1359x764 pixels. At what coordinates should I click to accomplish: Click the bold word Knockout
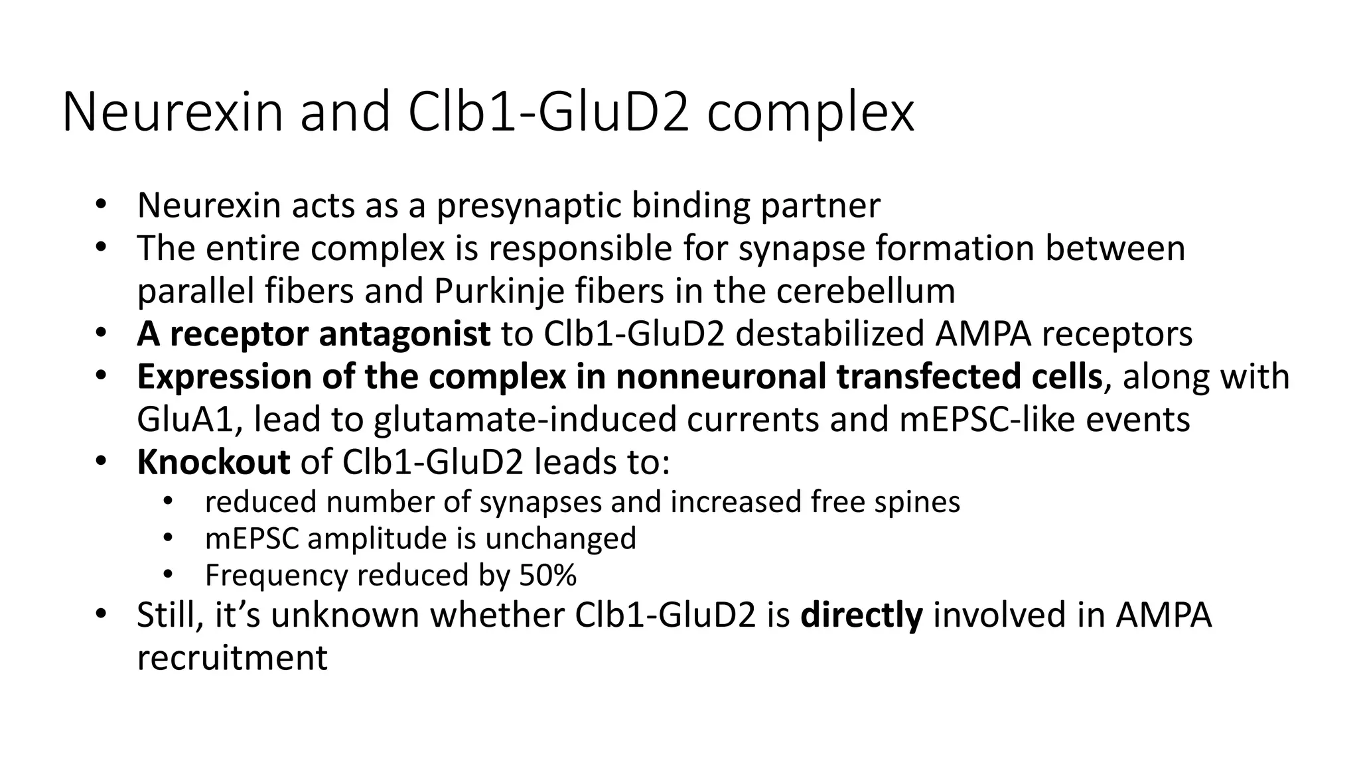tap(213, 462)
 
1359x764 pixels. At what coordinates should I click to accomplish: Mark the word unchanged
tap(561, 539)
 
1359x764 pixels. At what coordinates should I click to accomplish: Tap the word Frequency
tap(276, 575)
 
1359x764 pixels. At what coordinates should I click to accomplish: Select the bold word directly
tap(861, 615)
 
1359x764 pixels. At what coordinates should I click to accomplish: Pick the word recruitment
tap(232, 658)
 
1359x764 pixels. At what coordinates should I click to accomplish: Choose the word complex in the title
tap(810, 112)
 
